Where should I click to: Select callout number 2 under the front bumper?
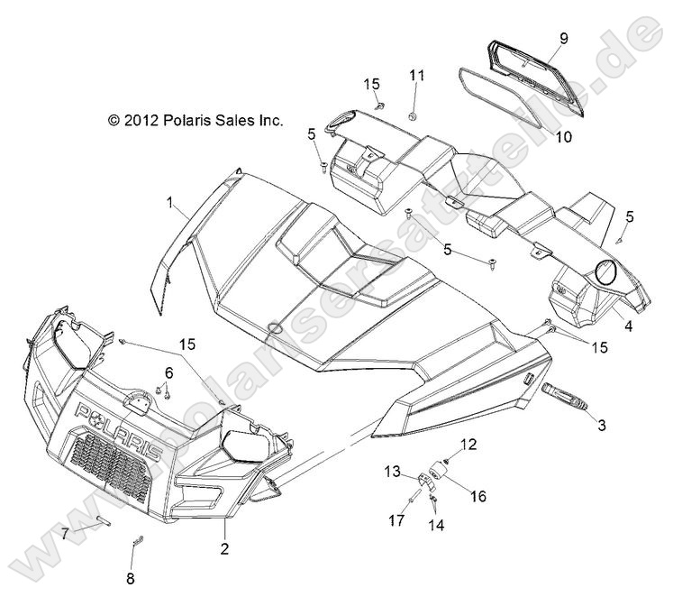click(224, 546)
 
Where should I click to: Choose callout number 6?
click(168, 372)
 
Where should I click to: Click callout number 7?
click(65, 533)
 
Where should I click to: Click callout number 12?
click(468, 443)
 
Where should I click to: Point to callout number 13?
click(393, 472)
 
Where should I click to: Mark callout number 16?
click(477, 497)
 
